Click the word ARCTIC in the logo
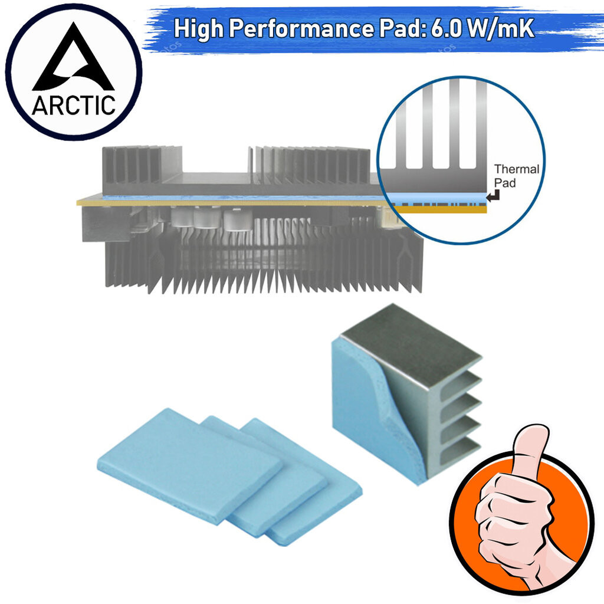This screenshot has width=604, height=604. [x=73, y=105]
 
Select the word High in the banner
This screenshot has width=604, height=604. [x=199, y=28]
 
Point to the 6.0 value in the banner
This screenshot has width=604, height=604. [x=446, y=28]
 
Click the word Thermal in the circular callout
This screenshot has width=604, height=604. [x=517, y=169]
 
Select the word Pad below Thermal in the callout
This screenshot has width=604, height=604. [x=505, y=183]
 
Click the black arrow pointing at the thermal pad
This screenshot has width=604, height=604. [x=494, y=196]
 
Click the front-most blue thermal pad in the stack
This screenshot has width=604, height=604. [x=189, y=464]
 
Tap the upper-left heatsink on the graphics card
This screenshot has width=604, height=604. [x=143, y=169]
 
